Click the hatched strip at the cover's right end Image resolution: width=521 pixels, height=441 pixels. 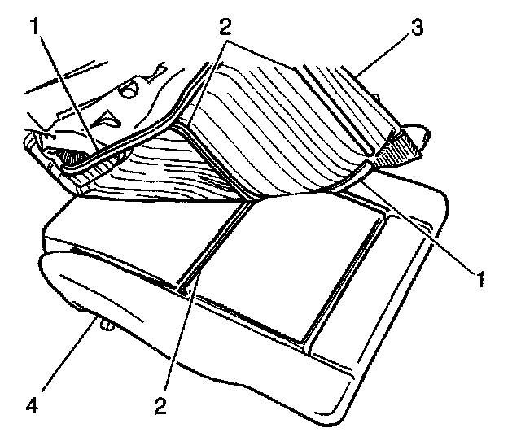point(403,147)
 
